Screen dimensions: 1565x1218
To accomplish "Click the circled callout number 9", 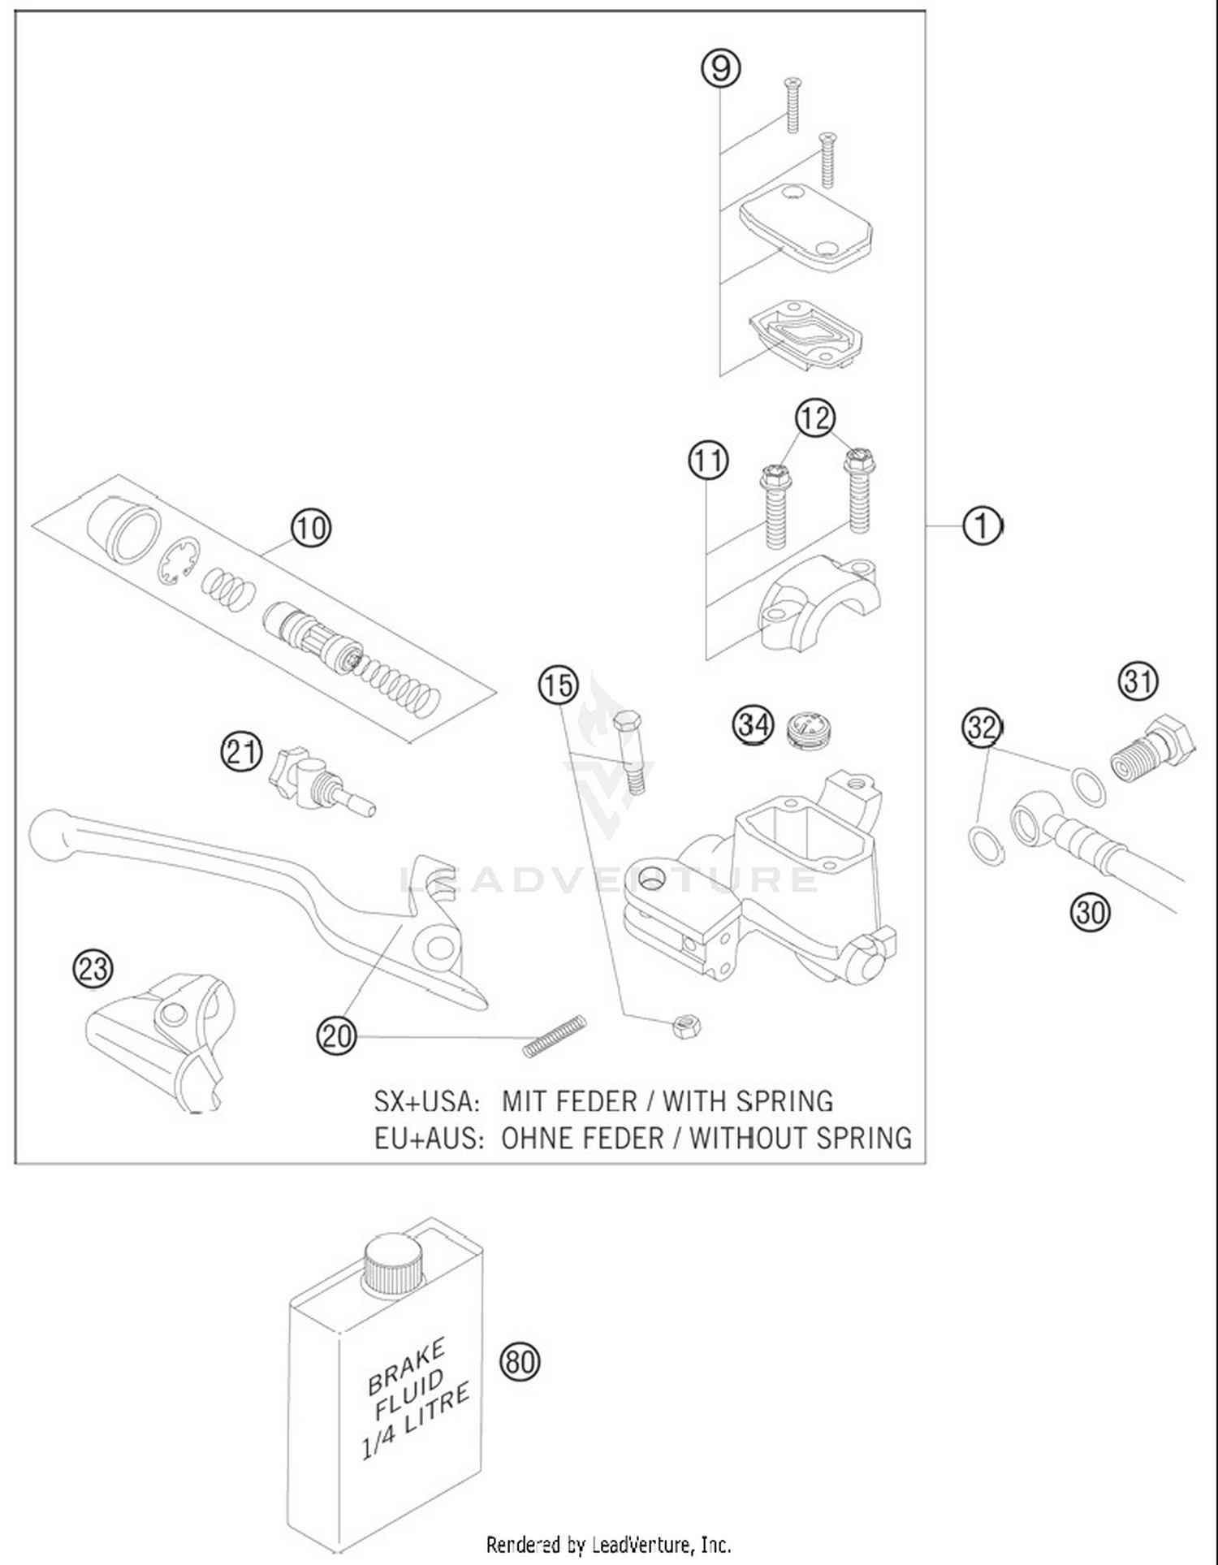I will [721, 67].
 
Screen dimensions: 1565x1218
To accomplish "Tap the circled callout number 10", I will [311, 528].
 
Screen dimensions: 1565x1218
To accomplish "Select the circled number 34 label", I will [754, 724].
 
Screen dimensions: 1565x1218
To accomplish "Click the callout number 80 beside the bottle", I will [520, 1360].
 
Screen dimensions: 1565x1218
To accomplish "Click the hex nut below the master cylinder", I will [686, 1027].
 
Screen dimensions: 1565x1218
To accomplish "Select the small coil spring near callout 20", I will [554, 1037].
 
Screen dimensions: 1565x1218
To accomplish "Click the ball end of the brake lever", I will [51, 835].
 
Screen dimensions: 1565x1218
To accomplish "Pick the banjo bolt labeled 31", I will [1151, 748].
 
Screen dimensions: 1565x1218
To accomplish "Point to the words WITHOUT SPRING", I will [800, 1138].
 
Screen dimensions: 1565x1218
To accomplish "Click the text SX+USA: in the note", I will [427, 1101].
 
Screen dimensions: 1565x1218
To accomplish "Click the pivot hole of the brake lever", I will [438, 947].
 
